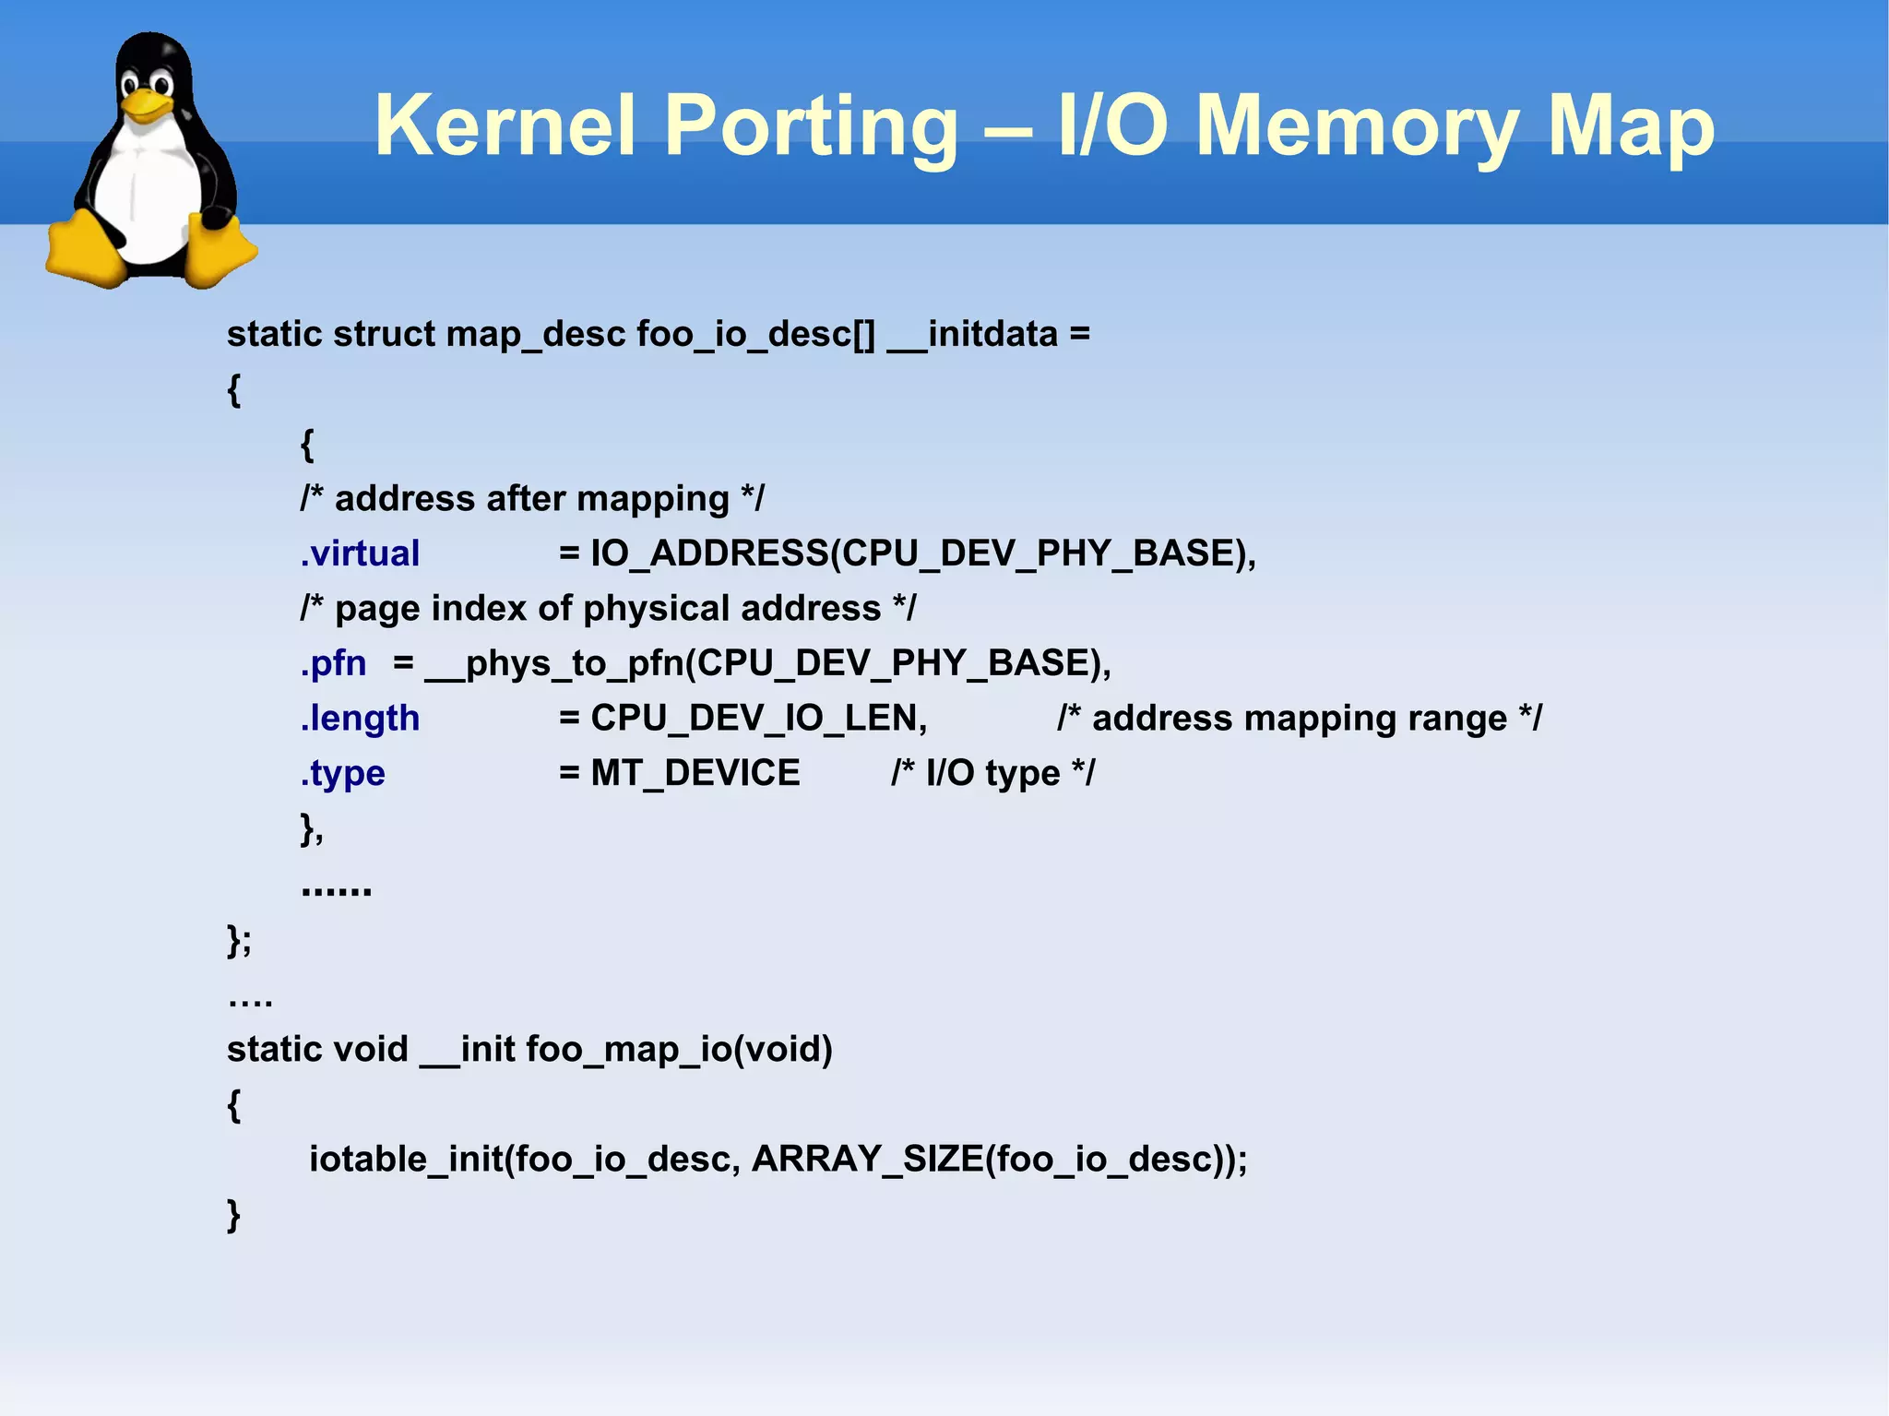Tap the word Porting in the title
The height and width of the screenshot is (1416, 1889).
pyautogui.click(x=811, y=127)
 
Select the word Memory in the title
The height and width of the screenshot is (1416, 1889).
pyautogui.click(x=1358, y=127)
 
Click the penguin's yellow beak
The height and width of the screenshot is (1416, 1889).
pyautogui.click(x=148, y=102)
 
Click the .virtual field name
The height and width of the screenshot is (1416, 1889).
pyautogui.click(x=360, y=553)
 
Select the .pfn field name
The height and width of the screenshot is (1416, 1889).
pyautogui.click(x=333, y=663)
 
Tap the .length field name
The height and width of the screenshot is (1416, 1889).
pyautogui.click(x=360, y=718)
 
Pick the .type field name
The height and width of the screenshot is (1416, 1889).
pyautogui.click(x=342, y=773)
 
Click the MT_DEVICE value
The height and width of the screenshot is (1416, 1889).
pyautogui.click(x=695, y=773)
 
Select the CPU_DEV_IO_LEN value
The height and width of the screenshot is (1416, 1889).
pyautogui.click(x=758, y=718)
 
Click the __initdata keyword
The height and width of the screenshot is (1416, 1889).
pyautogui.click(x=973, y=334)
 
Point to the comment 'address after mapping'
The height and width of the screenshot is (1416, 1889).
pyautogui.click(x=532, y=499)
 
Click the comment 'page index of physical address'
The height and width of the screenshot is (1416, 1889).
pyautogui.click(x=608, y=609)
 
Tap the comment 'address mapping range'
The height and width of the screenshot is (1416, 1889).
pyautogui.click(x=1299, y=718)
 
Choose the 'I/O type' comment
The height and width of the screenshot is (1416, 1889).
pyautogui.click(x=992, y=773)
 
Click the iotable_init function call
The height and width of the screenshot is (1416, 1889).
pyautogui.click(x=407, y=1159)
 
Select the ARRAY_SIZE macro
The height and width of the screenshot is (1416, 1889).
pyautogui.click(x=867, y=1159)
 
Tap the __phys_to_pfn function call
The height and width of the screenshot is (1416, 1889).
pyautogui.click(x=558, y=663)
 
